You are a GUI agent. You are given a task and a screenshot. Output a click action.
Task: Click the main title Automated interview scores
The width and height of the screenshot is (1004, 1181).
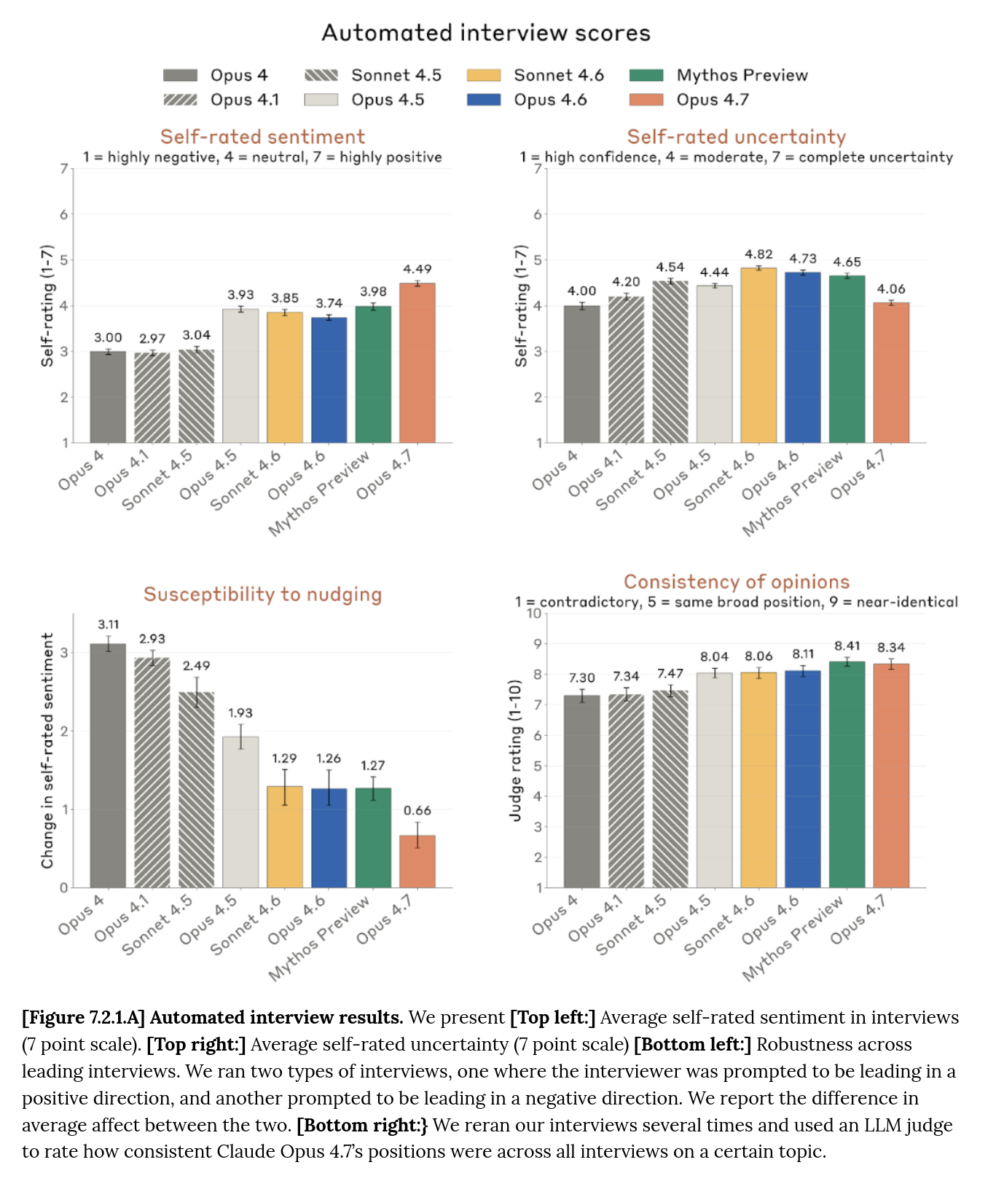486,33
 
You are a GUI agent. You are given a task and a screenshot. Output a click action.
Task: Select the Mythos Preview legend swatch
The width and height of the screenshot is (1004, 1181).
646,75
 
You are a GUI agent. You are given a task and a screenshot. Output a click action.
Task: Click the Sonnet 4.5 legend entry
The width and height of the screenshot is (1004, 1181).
396,75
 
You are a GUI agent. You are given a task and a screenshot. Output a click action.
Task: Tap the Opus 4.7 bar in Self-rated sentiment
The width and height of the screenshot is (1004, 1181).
417,364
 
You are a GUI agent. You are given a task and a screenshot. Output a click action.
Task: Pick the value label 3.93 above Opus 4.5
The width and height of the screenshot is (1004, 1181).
240,294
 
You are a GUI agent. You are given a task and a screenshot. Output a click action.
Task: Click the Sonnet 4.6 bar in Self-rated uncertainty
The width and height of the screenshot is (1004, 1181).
758,357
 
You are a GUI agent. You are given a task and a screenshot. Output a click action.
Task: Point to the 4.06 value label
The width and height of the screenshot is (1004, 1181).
891,289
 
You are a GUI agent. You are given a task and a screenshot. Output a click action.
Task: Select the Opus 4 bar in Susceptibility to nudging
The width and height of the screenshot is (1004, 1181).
108,765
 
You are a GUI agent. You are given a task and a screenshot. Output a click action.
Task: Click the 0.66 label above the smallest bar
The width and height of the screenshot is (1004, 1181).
417,810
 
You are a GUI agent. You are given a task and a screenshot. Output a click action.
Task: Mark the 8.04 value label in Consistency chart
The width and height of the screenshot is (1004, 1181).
714,656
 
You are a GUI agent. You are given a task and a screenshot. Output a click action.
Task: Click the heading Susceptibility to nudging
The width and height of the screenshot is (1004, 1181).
262,595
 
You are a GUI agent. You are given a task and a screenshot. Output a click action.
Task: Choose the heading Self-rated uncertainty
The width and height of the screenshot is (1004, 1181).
736,137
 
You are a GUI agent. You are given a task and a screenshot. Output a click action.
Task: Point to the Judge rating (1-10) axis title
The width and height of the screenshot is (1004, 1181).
516,750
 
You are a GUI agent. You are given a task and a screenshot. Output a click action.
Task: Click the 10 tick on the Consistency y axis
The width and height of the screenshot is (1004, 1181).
534,613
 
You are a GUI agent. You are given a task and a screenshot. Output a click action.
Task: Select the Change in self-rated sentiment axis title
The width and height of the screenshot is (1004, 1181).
47,750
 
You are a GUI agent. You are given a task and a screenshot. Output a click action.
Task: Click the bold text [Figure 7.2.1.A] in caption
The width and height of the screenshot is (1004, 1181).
83,1017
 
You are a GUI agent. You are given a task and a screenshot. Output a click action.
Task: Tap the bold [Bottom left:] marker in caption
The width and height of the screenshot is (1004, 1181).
692,1044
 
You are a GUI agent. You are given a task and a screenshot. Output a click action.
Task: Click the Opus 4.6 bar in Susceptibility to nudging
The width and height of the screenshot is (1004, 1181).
329,838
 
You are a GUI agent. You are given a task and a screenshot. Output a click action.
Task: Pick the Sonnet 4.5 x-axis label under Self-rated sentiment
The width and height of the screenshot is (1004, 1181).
157,481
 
